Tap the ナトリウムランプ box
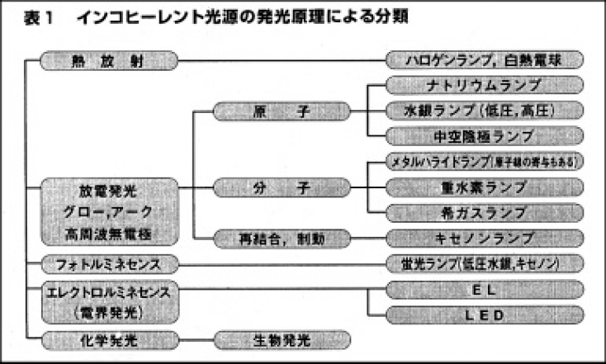[x=485, y=85]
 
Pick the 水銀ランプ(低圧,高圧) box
[x=485, y=110]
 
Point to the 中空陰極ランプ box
[x=485, y=135]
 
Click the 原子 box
[x=282, y=110]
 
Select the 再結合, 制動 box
[x=282, y=239]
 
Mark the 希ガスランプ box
[x=485, y=213]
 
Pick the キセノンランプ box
[x=485, y=239]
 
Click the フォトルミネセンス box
[x=110, y=265]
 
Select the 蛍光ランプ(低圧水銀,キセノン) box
[x=485, y=265]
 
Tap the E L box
[x=485, y=291]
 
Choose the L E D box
[x=485, y=315]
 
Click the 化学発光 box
[x=110, y=339]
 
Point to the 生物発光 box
[x=282, y=339]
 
